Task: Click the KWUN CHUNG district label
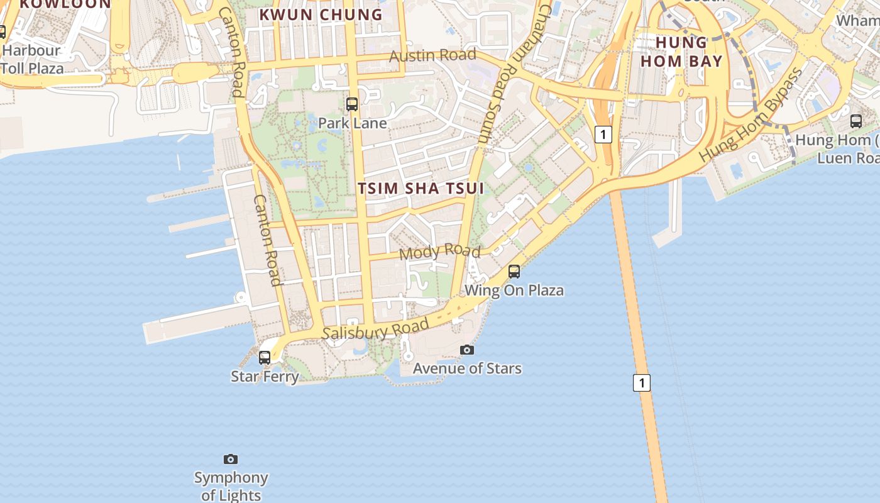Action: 321,14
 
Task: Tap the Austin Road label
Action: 432,55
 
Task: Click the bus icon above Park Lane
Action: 352,104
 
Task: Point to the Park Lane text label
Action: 352,123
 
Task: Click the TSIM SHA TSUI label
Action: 421,188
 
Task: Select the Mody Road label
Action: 440,251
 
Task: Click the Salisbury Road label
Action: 375,329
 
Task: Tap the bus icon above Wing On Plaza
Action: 514,272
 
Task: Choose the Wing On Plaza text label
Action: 514,290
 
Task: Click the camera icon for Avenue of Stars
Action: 466,350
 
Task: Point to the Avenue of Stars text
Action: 467,368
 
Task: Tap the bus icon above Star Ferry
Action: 265,358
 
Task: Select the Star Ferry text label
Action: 265,377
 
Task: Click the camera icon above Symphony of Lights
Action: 231,460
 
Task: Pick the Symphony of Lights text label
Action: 231,486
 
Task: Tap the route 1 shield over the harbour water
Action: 641,382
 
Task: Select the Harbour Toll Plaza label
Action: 31,59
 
